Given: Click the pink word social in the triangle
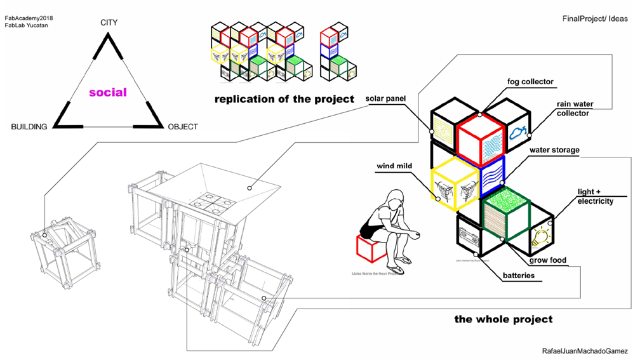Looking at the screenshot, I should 108,93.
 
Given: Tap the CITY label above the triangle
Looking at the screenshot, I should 109,23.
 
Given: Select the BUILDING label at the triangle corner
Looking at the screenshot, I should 29,127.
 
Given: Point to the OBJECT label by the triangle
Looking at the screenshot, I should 183,127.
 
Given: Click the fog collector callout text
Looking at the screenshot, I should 530,82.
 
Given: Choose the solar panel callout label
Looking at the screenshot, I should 385,99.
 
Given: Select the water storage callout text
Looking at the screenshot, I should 555,150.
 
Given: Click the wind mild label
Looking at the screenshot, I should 394,166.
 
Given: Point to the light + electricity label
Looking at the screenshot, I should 595,196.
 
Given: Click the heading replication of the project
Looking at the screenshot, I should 284,99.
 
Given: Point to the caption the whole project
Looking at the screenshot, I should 503,319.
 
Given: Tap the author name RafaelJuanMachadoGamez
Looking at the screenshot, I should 585,351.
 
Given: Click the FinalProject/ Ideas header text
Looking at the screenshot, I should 595,19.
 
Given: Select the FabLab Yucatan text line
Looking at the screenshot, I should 26,25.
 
